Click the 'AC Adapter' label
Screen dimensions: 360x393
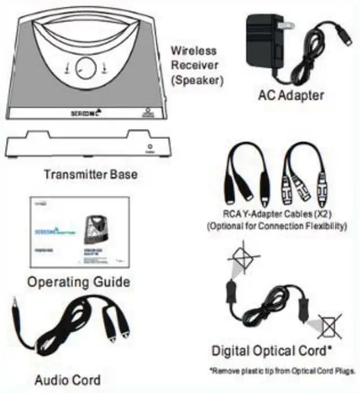coord(290,95)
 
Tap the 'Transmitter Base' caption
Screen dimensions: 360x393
coord(90,174)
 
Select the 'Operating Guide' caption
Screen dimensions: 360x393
coord(79,281)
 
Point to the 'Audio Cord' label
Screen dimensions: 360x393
coord(68,380)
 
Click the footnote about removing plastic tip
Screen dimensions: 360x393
coord(284,371)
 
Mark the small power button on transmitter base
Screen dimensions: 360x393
coord(148,144)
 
